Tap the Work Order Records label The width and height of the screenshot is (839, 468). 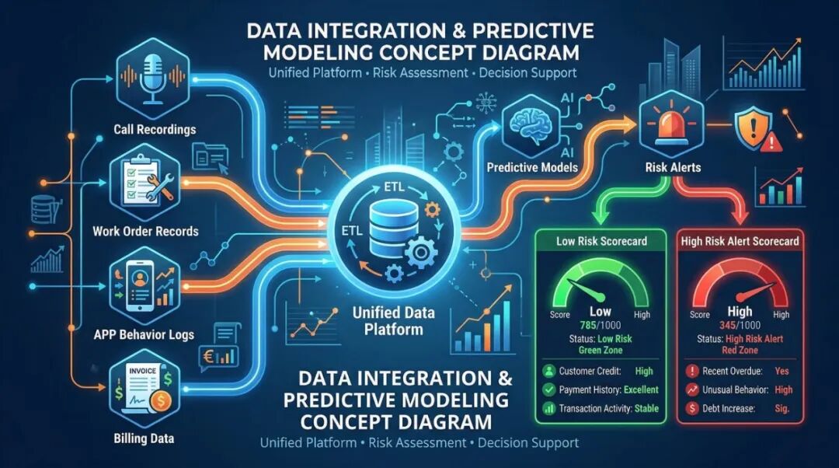pos(145,231)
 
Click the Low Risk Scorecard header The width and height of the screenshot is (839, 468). pos(601,242)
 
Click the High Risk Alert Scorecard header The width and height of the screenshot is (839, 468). pos(739,242)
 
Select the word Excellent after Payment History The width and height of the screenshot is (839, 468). pos(640,389)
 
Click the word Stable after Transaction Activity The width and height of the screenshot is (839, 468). pos(646,408)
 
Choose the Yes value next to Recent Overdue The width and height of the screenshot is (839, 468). pos(782,371)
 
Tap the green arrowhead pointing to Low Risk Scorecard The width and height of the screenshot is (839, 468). pos(600,218)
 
